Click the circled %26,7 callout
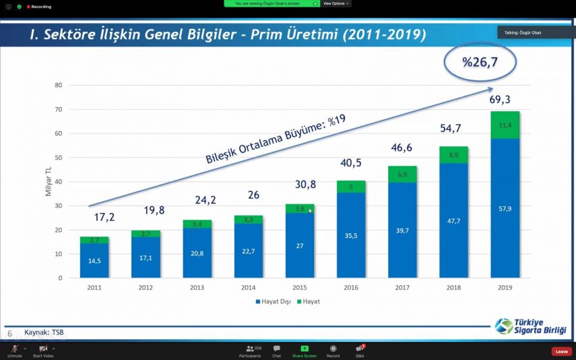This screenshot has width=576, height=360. pyautogui.click(x=480, y=62)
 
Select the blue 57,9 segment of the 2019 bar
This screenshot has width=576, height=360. pyautogui.click(x=505, y=209)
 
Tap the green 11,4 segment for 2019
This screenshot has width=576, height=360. pyautogui.click(x=505, y=125)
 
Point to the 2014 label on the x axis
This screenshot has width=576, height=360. pyautogui.click(x=249, y=287)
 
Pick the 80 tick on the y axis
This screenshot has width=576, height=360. pyautogui.click(x=59, y=86)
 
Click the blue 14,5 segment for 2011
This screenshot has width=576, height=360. pyautogui.click(x=94, y=260)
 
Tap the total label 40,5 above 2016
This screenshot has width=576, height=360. pyautogui.click(x=351, y=162)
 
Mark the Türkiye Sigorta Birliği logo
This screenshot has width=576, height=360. pyautogui.click(x=531, y=326)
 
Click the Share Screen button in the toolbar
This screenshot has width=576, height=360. pyautogui.click(x=304, y=351)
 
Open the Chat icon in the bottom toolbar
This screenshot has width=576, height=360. pyautogui.click(x=276, y=351)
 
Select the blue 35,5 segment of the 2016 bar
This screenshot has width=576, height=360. pyautogui.click(x=351, y=235)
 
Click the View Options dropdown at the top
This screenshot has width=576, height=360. pyautogui.click(x=335, y=3)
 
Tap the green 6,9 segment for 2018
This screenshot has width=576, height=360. pyautogui.click(x=453, y=155)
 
